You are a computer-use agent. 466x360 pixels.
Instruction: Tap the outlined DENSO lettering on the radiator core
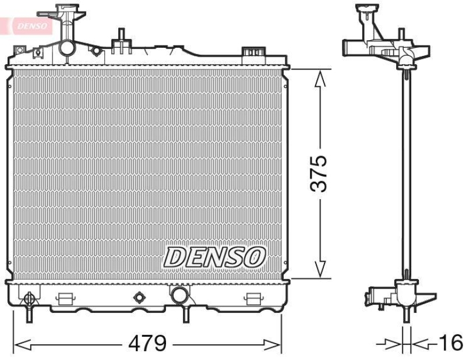point(214,257)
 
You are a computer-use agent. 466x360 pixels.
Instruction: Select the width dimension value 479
point(148,344)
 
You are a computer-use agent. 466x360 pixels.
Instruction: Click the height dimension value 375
point(319,174)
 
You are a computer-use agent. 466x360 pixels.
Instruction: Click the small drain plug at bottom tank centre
point(139,298)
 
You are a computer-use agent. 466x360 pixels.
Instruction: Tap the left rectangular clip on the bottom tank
point(65,299)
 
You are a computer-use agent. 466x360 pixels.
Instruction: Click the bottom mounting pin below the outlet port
point(186,314)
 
